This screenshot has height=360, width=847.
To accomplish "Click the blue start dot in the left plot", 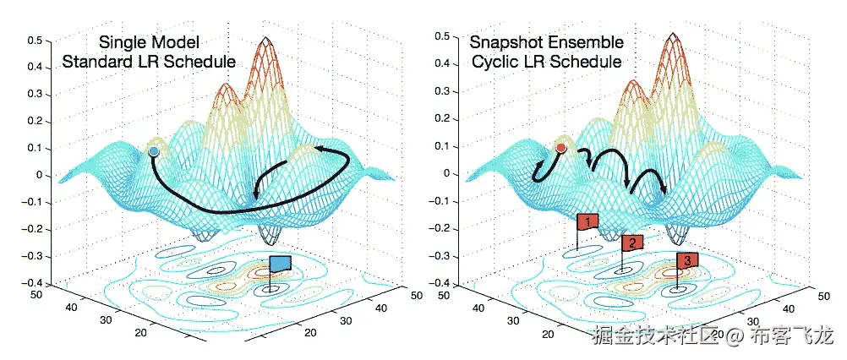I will click(154, 151).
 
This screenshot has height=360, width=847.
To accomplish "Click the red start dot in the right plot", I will click(560, 149).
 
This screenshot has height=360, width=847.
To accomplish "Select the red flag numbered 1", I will click(587, 221).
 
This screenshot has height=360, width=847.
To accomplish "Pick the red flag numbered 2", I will click(632, 243).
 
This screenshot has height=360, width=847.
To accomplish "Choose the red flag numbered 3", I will click(687, 260).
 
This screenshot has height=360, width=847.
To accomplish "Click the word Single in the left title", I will click(121, 42).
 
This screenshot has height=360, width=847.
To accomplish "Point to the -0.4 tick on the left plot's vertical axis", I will click(32, 283).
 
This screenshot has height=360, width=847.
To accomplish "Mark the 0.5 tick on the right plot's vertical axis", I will click(440, 37).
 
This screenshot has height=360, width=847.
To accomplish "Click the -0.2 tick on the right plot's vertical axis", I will click(439, 228).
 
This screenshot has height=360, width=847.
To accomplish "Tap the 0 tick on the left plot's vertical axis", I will click(38, 175).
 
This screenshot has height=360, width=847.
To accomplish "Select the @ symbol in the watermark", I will click(735, 337).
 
